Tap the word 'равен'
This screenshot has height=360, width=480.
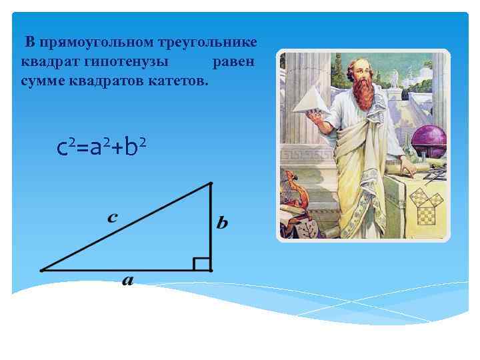233,62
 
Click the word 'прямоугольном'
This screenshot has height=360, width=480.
97,43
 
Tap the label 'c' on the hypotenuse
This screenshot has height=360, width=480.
113,217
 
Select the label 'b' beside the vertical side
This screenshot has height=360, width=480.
222,223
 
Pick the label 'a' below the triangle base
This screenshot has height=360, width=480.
127,281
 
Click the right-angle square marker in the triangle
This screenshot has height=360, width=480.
201,263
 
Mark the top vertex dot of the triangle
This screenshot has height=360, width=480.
211,183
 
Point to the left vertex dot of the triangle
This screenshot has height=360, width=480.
41,271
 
